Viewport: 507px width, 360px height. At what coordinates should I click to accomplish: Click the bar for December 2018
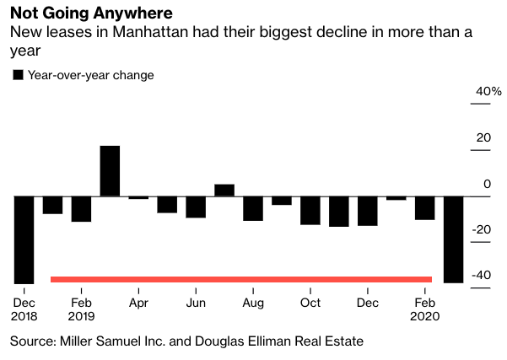[x=24, y=239]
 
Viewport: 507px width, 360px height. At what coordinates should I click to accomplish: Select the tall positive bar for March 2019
[x=110, y=171]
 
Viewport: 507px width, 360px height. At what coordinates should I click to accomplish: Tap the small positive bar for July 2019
[x=224, y=190]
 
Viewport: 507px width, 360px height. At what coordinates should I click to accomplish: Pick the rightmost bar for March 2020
[x=454, y=239]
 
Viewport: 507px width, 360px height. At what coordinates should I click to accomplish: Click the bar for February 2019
[x=81, y=209]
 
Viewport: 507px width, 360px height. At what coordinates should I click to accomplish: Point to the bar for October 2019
[x=310, y=210]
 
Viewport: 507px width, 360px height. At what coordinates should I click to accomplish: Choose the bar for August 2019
[x=252, y=208]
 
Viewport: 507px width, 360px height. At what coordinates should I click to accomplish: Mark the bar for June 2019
[x=196, y=207]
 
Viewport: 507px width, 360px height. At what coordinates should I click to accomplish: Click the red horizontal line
[x=241, y=279]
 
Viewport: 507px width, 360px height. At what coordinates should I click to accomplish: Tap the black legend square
[x=18, y=75]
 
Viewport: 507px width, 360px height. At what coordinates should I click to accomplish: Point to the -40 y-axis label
[x=480, y=276]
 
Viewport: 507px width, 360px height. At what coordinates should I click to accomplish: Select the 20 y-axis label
[x=483, y=137]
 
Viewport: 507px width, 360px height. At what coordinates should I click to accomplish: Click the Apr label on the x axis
[x=138, y=303]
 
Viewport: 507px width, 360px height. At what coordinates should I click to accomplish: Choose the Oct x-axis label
[x=310, y=303]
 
